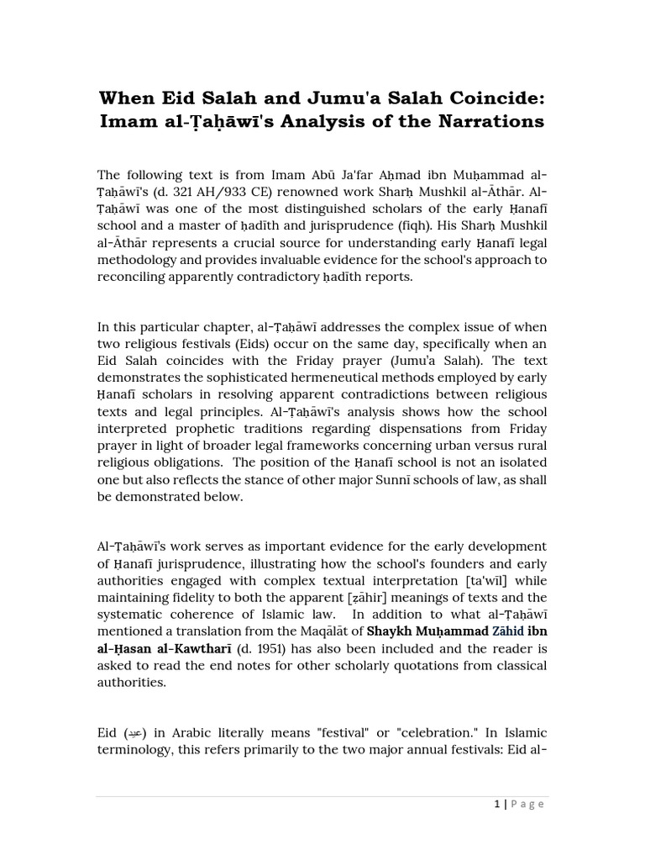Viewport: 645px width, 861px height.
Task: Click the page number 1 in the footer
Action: click(x=497, y=804)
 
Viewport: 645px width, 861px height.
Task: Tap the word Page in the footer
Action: click(x=527, y=804)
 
